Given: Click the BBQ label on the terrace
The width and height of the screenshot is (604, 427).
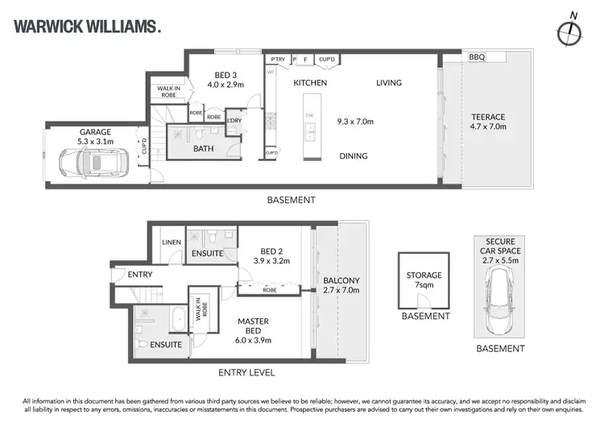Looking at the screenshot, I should (477, 57).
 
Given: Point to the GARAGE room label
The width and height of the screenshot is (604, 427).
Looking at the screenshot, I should (94, 132).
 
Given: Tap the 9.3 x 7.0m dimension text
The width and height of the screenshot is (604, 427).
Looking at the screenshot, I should (355, 122).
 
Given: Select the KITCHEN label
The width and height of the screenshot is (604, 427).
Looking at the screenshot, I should (309, 83).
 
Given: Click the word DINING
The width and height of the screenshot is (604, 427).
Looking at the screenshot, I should (354, 156).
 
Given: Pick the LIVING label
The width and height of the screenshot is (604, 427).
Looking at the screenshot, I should (388, 83).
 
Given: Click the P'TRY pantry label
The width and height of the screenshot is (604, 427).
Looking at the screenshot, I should (278, 60).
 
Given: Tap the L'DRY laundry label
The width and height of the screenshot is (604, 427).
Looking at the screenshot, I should (234, 121).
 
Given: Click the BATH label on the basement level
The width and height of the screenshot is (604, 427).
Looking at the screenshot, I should (203, 148).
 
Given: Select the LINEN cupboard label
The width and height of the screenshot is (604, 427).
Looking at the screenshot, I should (171, 242).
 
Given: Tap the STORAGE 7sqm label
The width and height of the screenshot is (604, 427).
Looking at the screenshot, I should (424, 276).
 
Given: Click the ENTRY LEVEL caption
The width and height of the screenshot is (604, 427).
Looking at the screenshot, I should (247, 373).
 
